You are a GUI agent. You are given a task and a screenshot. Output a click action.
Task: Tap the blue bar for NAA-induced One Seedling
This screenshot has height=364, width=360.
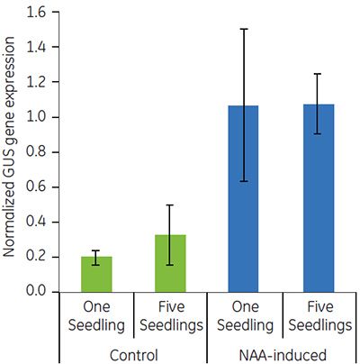(x=244, y=199)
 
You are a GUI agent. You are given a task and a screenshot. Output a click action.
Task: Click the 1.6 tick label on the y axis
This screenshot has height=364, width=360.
(x=32, y=12)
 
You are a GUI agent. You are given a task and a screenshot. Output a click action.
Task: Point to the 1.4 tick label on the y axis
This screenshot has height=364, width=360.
(x=32, y=47)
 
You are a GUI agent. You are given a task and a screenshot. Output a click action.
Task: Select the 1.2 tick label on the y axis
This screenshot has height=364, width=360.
(x=32, y=82)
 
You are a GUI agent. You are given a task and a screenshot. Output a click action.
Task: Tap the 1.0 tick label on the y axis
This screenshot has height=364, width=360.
(x=32, y=117)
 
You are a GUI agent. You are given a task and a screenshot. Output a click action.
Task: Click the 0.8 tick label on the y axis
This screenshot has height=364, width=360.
(x=32, y=152)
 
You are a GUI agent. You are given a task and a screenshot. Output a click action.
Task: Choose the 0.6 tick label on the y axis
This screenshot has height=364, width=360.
(x=32, y=187)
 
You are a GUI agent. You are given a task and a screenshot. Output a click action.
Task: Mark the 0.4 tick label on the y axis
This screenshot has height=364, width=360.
(x=32, y=223)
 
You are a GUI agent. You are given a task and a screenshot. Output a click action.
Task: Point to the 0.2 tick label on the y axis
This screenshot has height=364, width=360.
(x=32, y=258)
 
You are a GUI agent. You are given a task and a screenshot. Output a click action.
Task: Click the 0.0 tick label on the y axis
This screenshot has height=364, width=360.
(x=32, y=292)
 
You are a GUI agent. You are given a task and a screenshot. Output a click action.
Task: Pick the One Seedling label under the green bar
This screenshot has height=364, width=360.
(x=95, y=314)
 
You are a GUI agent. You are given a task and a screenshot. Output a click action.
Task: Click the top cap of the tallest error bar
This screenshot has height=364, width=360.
(x=244, y=29)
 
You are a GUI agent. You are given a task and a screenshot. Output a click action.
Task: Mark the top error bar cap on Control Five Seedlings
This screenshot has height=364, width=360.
(x=170, y=205)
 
